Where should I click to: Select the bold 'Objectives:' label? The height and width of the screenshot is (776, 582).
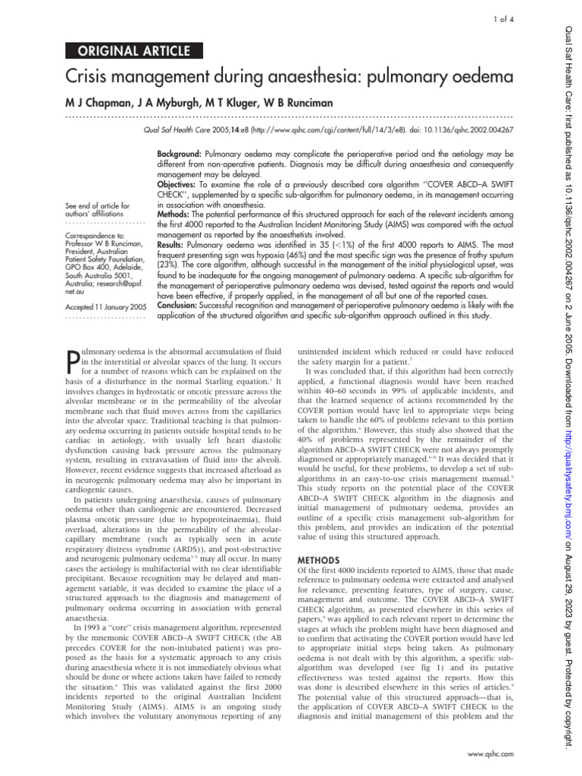point(180,185)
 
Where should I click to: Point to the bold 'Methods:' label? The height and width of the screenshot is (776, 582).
point(176,216)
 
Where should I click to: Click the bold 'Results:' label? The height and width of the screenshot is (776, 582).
point(174,247)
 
